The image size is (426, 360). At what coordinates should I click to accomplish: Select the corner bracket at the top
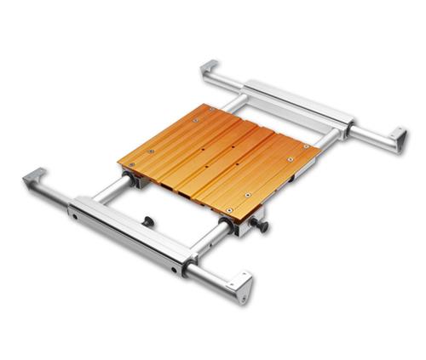pos(210,68)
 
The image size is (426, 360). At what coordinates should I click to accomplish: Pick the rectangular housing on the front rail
pos(128,232)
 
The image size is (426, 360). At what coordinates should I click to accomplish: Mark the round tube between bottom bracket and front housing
pos(209,273)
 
